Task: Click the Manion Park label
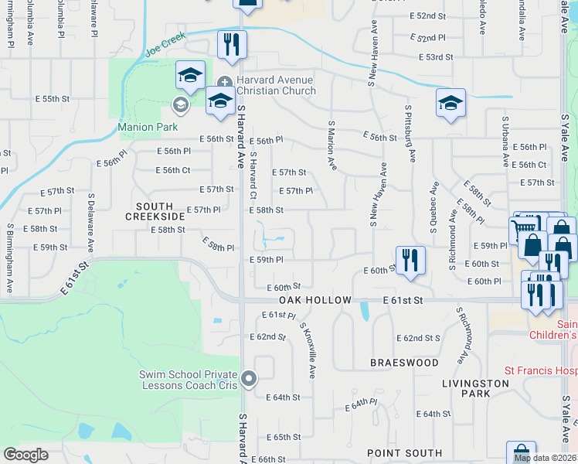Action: point(148,127)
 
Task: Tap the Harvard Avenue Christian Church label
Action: point(276,86)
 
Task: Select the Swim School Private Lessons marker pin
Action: point(249,379)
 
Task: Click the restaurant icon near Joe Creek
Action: point(230,44)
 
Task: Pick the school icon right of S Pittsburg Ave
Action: point(450,102)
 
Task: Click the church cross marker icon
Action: point(224,82)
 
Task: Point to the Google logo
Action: point(25,455)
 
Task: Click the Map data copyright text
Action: point(544,458)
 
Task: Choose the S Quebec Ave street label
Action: point(434,208)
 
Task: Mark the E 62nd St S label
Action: point(418,338)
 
